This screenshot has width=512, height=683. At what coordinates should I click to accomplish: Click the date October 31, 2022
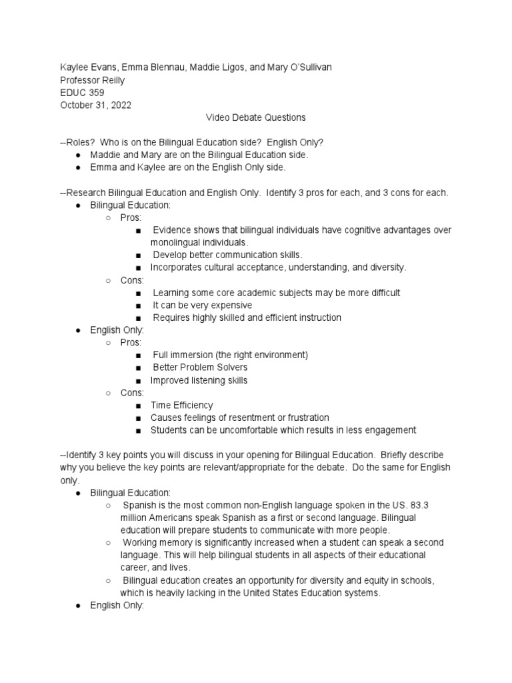tap(95, 105)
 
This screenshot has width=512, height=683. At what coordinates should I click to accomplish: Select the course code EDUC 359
tap(82, 93)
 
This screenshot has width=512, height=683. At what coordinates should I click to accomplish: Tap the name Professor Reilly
tap(92, 81)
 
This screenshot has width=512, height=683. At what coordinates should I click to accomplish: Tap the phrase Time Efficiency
tap(182, 405)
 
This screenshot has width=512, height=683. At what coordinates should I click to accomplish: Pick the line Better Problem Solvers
tap(200, 368)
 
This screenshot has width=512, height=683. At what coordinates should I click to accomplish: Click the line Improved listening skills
tap(199, 380)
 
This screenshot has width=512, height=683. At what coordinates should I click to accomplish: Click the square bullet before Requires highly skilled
tap(137, 318)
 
